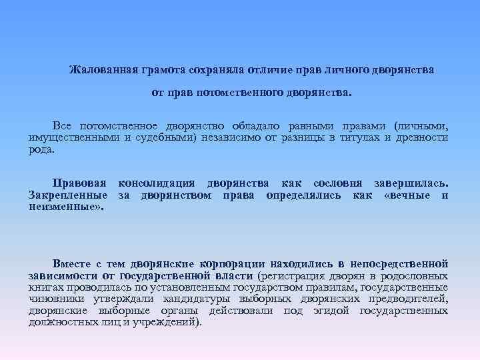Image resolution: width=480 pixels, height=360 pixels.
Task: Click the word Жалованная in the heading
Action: [103, 70]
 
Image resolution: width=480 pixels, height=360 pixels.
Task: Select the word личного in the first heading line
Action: [336, 70]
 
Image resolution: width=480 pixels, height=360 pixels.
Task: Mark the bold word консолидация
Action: [156, 183]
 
